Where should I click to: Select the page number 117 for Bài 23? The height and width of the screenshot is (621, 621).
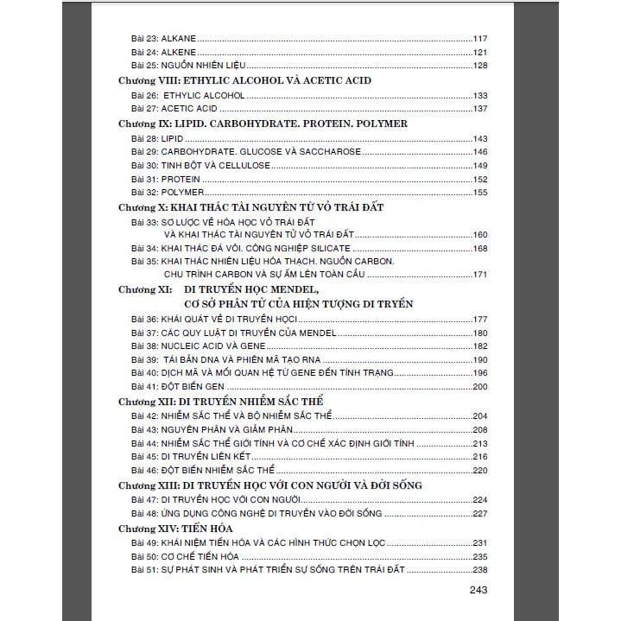481,38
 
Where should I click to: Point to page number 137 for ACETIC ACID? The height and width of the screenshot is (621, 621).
481,109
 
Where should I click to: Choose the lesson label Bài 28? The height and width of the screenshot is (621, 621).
143,138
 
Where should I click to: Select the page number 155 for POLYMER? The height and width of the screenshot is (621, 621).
481,193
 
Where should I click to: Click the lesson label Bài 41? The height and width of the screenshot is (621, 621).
143,386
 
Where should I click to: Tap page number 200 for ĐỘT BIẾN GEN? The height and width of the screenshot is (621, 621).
481,386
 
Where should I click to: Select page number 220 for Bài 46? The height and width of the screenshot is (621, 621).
481,470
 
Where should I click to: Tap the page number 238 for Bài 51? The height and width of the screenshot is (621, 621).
481,570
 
